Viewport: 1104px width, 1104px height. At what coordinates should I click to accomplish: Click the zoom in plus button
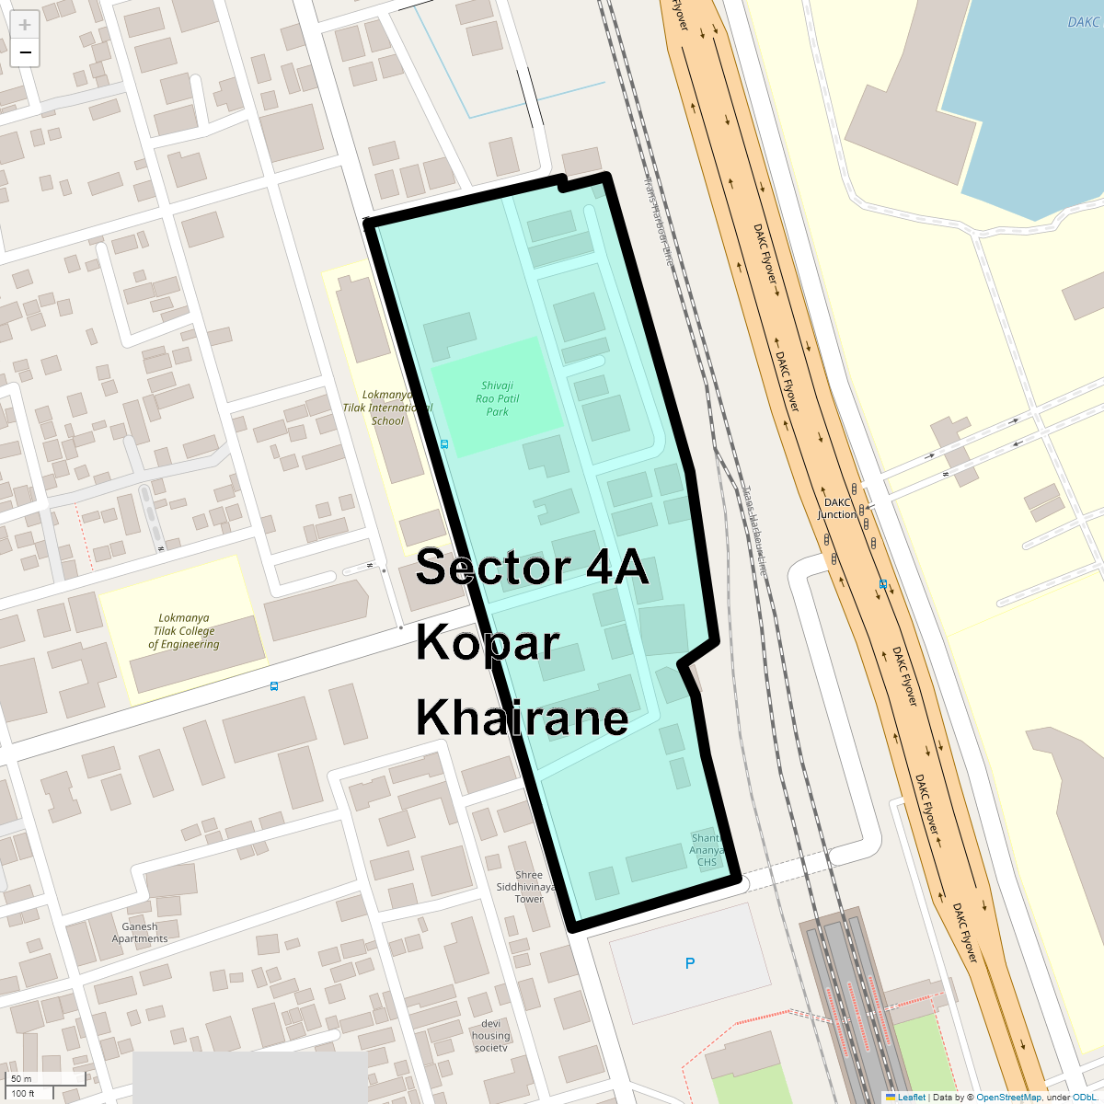pyautogui.click(x=25, y=25)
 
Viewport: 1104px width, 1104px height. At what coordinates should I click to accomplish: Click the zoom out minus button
pyautogui.click(x=25, y=52)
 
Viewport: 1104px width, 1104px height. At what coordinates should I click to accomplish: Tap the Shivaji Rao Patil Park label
pyautogui.click(x=497, y=399)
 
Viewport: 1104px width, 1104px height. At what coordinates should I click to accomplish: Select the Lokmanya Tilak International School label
pyautogui.click(x=387, y=408)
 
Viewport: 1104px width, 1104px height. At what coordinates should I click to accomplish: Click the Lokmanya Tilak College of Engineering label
pyautogui.click(x=184, y=631)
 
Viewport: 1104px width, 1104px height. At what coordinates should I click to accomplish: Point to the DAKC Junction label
pyautogui.click(x=837, y=509)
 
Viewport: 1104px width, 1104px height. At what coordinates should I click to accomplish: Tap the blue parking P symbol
pyautogui.click(x=690, y=963)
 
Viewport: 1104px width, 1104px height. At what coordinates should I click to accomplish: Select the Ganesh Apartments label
pyautogui.click(x=140, y=933)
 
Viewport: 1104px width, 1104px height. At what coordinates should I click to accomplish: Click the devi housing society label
pyautogui.click(x=490, y=1036)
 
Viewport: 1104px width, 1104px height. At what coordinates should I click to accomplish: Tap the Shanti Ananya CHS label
pyautogui.click(x=707, y=850)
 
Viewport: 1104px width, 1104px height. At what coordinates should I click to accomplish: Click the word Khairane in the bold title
pyautogui.click(x=522, y=717)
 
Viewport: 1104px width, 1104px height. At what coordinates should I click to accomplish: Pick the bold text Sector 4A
pyautogui.click(x=532, y=568)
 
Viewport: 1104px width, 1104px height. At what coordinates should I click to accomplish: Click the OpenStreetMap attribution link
pyautogui.click(x=1008, y=1097)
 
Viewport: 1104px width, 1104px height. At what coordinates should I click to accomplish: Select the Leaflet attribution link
pyautogui.click(x=911, y=1097)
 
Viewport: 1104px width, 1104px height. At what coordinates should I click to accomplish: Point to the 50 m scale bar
pyautogui.click(x=46, y=1078)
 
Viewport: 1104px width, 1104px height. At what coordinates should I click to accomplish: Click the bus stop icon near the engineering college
pyautogui.click(x=274, y=686)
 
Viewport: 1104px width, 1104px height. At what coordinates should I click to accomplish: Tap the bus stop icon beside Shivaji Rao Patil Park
pyautogui.click(x=444, y=444)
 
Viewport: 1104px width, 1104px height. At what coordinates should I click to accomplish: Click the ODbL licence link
pyautogui.click(x=1084, y=1097)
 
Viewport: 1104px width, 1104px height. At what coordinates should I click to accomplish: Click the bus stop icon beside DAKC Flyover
pyautogui.click(x=882, y=583)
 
